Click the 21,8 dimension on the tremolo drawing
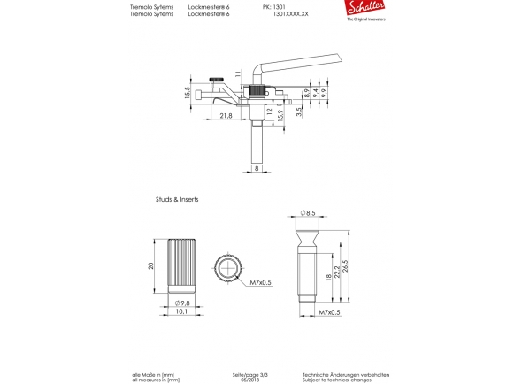pos(226,115)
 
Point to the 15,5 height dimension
pos(188,94)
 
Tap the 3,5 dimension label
pos(299,111)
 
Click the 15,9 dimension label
pos(280,114)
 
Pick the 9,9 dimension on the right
pos(324,91)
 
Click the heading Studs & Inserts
pos(177,200)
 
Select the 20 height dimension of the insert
pos(151,265)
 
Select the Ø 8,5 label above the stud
pos(308,213)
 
